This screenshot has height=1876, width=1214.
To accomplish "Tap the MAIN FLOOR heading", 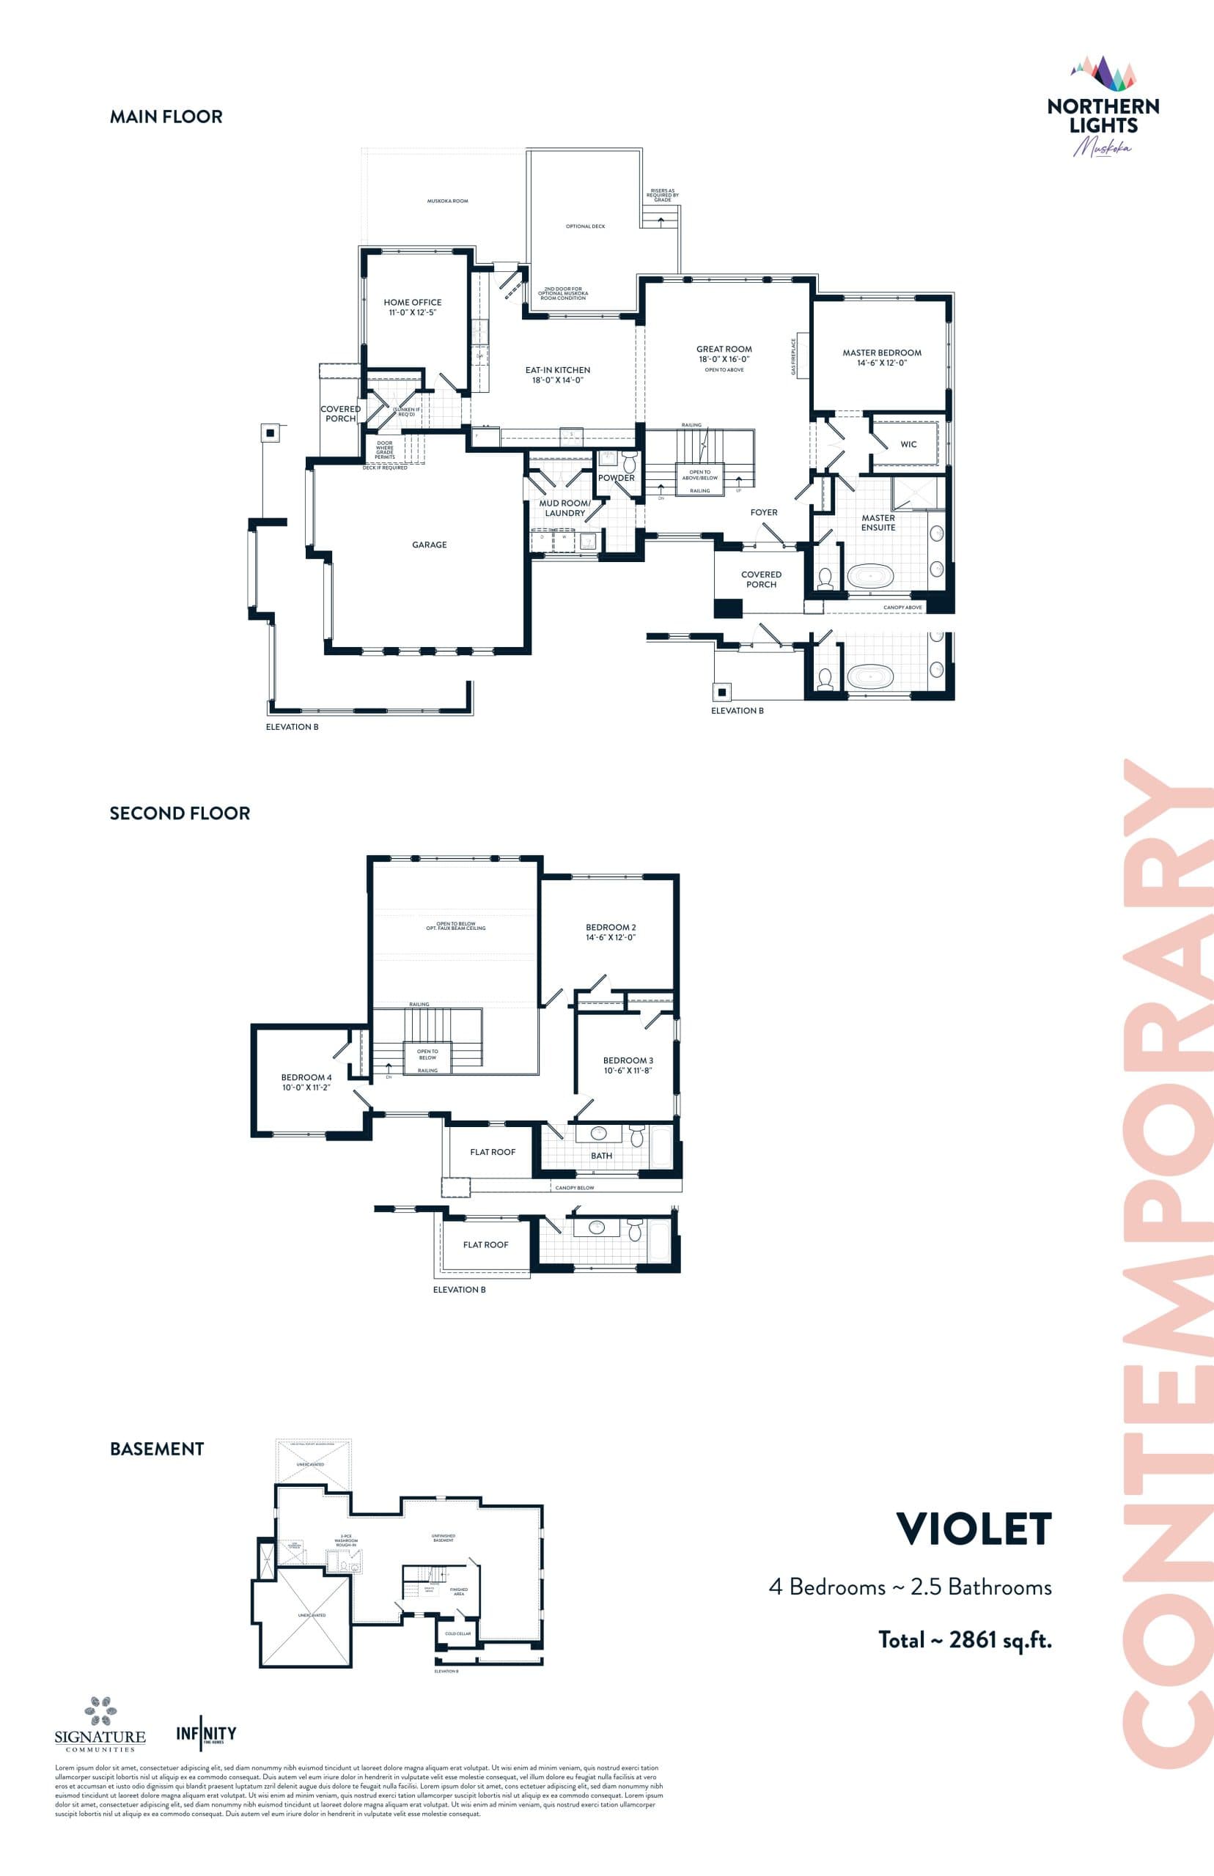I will coord(166,117).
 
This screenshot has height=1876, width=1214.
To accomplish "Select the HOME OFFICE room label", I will coord(412,307).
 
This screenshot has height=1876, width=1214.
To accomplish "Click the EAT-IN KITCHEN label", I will coord(557,375).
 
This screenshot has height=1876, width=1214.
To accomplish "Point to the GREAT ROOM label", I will coord(724,354).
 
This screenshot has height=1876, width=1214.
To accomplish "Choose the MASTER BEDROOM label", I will coord(881,358).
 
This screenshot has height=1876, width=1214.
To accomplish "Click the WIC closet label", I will coord(908,444).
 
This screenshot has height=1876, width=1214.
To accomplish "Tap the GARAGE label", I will coord(429,544).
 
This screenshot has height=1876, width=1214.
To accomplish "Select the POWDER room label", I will coord(616,479).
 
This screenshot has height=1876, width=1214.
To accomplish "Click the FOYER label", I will coord(763,512).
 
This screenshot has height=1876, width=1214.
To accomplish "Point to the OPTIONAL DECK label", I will coord(585,226).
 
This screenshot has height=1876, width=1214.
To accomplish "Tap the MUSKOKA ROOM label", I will coord(447,201).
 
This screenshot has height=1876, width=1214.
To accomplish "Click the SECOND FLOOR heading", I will coord(180,813).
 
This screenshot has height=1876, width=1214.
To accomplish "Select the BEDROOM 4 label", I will coord(306,1082).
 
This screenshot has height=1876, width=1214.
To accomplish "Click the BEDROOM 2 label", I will coord(610,932).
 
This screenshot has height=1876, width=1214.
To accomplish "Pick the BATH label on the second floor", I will coord(600,1156).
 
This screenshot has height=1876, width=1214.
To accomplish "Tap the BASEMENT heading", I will coord(157,1449).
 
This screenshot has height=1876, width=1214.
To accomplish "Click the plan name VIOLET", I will coord(974,1529).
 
